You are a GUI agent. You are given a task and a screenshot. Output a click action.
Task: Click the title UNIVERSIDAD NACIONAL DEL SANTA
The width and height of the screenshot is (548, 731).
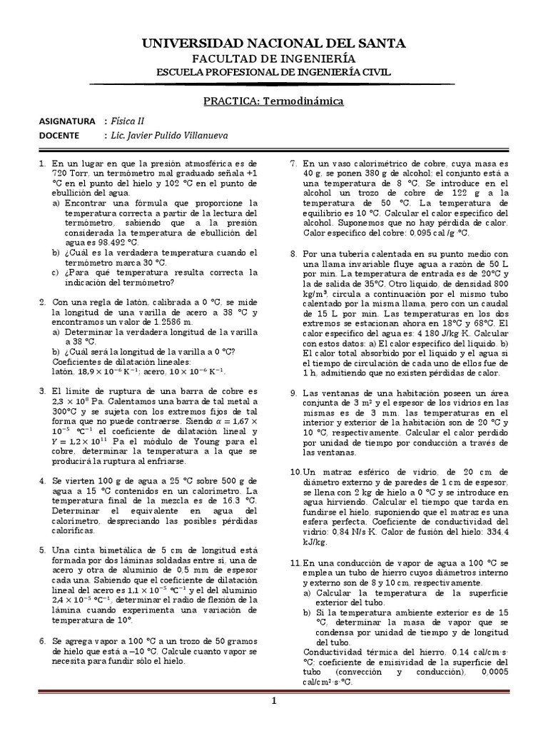[x=274, y=44]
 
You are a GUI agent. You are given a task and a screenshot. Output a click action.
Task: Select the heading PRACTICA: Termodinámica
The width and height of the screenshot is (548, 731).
[x=274, y=101]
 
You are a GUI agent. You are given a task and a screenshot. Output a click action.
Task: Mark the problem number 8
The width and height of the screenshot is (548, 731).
[x=294, y=253]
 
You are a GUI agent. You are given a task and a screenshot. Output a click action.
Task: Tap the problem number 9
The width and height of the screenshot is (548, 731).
[x=294, y=393]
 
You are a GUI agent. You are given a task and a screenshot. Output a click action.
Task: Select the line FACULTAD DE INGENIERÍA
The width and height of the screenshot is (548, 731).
[x=274, y=59]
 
